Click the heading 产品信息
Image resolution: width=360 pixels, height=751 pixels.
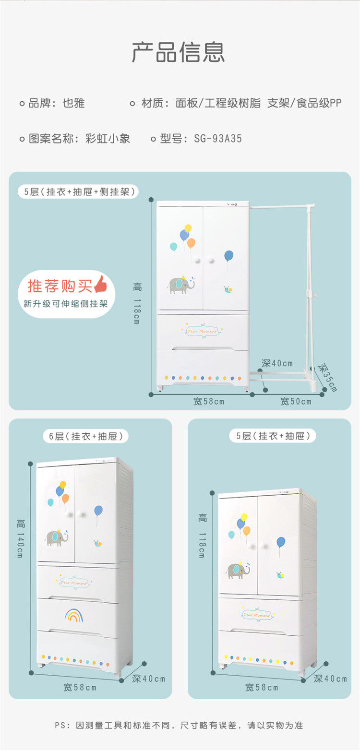click(178, 52)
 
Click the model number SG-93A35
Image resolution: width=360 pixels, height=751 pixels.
click(218, 139)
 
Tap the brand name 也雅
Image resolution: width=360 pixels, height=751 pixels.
click(73, 103)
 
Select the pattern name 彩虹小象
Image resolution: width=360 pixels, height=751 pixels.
click(108, 139)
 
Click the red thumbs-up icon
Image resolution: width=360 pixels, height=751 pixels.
click(101, 284)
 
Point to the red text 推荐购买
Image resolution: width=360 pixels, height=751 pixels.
click(60, 286)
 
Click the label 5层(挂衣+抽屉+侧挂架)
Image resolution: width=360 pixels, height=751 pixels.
click(79, 192)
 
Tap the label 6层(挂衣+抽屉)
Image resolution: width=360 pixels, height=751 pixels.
click(86, 436)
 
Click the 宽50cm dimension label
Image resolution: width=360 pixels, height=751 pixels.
click(296, 401)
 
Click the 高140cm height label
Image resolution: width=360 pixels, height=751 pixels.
click(21, 538)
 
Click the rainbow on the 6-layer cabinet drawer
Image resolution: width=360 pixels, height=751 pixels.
click(74, 616)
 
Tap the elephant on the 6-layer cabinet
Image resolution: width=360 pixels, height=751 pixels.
click(56, 537)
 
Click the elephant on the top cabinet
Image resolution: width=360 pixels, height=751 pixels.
click(181, 285)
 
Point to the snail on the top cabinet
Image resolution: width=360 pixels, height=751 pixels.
click(228, 289)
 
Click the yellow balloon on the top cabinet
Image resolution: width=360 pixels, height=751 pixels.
click(188, 228)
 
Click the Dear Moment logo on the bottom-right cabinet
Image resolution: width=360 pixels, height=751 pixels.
click(257, 615)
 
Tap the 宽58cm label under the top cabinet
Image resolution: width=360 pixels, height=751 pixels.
click(208, 401)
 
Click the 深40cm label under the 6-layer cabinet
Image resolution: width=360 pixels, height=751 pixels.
click(148, 679)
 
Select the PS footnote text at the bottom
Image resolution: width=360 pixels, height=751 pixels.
click(179, 725)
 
